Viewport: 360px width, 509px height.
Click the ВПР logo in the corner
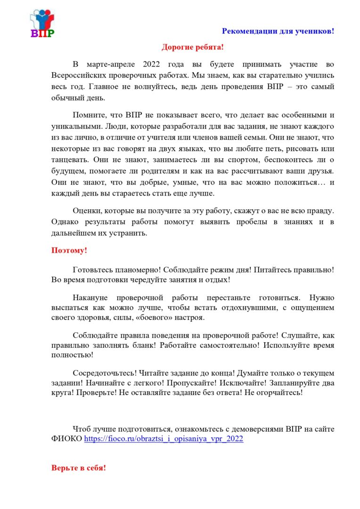tap(42, 24)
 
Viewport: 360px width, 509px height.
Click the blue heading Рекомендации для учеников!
tap(278, 31)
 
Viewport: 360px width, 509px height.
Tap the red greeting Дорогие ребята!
tap(193, 47)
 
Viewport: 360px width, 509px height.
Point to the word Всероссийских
tap(78, 75)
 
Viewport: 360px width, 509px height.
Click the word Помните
tap(88, 115)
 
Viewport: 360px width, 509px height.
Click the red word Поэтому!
tap(69, 250)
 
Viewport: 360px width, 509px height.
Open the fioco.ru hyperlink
tap(164, 439)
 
